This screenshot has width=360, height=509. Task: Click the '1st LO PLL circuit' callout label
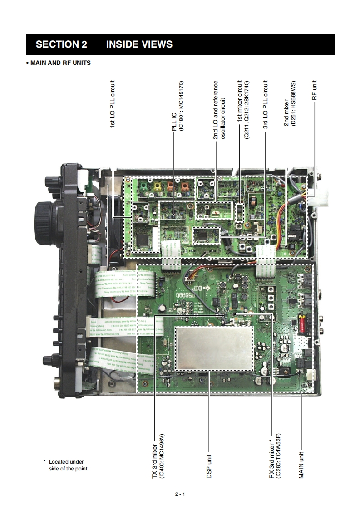(113, 105)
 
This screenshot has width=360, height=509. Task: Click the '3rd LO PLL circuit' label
(266, 105)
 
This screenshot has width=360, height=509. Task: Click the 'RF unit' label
(314, 90)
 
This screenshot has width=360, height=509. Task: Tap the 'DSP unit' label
(209, 466)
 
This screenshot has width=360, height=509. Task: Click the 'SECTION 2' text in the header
(61, 44)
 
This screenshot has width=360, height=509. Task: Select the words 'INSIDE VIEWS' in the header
(139, 44)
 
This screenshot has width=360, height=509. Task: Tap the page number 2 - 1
(180, 494)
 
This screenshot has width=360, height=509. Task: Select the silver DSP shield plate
(214, 348)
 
